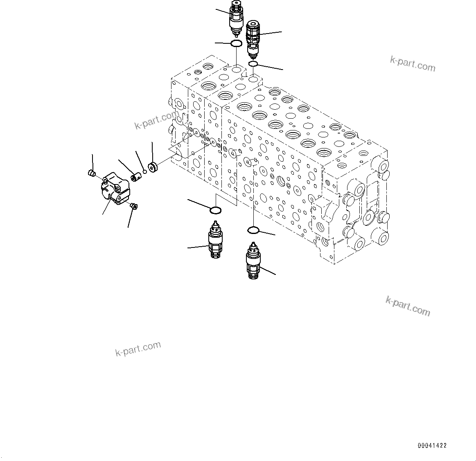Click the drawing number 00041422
pyautogui.click(x=432, y=445)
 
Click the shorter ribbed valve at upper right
pyautogui.click(x=253, y=39)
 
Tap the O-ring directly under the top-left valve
pyautogui.click(x=236, y=43)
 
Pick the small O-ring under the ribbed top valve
pyautogui.click(x=253, y=64)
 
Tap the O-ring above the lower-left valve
pyautogui.click(x=215, y=211)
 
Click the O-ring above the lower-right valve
pyautogui.click(x=254, y=231)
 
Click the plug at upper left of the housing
pyautogui.click(x=92, y=173)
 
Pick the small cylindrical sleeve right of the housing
pyautogui.click(x=135, y=178)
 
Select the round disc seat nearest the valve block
pyautogui.click(x=154, y=167)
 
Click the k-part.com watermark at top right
pyautogui.click(x=412, y=63)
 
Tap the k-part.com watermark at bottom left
pyautogui.click(x=138, y=349)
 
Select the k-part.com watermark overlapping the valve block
pyautogui.click(x=157, y=119)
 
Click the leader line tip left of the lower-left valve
pyautogui.click(x=188, y=247)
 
